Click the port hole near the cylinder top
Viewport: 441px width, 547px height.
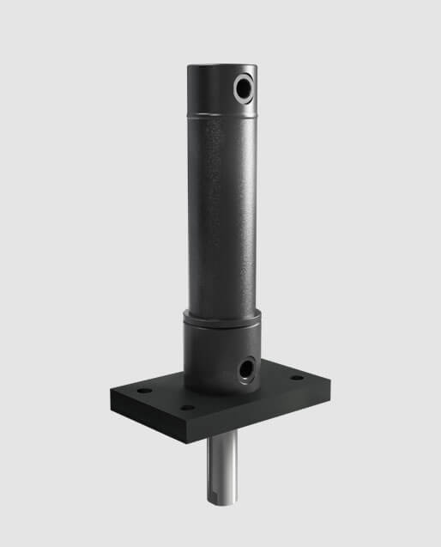(244, 88)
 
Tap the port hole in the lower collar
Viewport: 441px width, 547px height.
(246, 368)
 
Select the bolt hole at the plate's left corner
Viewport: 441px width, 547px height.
(144, 391)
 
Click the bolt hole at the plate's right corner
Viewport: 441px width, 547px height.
(297, 378)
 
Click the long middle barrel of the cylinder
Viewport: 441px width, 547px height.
(221, 215)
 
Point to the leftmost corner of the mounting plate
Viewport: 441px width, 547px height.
(112, 391)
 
